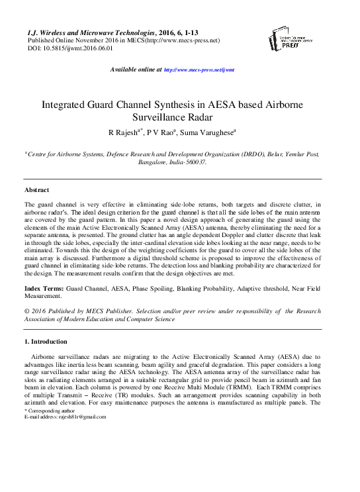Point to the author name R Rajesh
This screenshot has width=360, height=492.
(124, 132)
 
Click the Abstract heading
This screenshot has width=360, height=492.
(39, 190)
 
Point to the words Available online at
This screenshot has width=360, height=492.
(135, 70)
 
